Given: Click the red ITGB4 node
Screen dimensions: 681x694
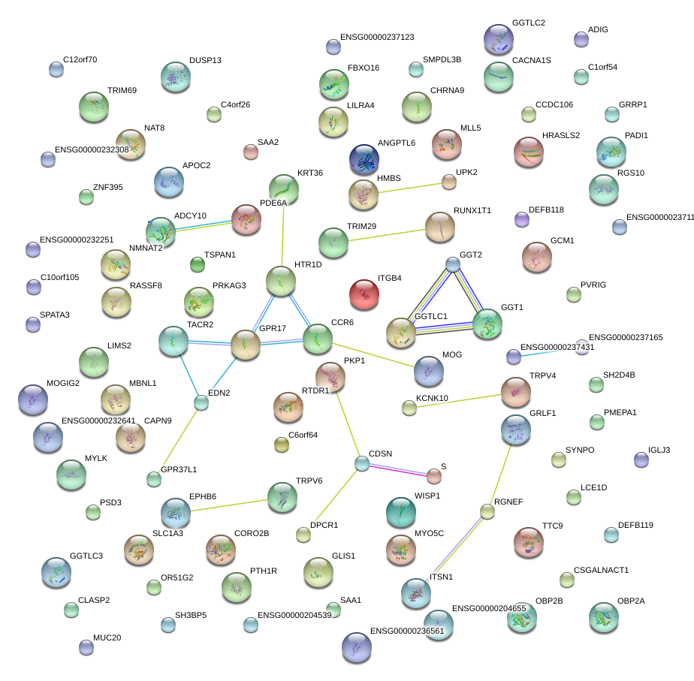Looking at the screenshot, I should [365, 294].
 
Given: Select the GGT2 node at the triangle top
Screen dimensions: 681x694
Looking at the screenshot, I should [452, 264].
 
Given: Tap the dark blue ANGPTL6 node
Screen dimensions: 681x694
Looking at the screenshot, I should [364, 159].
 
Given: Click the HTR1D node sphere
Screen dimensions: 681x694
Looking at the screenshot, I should [281, 282].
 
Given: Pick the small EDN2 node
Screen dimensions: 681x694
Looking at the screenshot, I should [201, 403].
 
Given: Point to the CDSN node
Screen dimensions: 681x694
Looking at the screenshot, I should [362, 463].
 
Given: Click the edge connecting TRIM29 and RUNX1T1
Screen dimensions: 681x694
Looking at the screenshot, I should [386, 234].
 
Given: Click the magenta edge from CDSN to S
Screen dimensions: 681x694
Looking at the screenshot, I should [398, 469].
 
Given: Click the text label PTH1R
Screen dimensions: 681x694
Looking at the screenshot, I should [264, 571].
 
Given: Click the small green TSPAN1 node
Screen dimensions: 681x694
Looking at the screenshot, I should [198, 264].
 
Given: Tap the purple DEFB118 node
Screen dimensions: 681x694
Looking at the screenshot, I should [522, 219].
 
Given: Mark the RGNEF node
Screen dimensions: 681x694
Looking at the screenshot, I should [487, 512].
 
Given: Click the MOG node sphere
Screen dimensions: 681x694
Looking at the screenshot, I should [429, 371].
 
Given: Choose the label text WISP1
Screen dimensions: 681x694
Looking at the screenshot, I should [427, 496].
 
